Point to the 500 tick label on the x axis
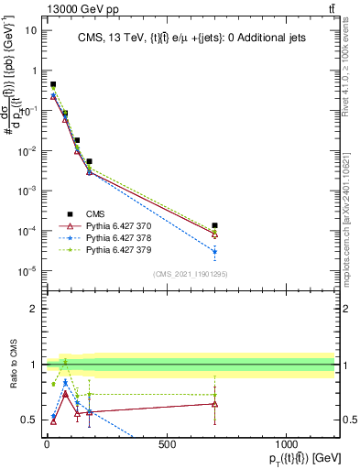point(167,444)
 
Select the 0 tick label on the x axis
point(47,444)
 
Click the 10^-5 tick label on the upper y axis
point(26,270)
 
